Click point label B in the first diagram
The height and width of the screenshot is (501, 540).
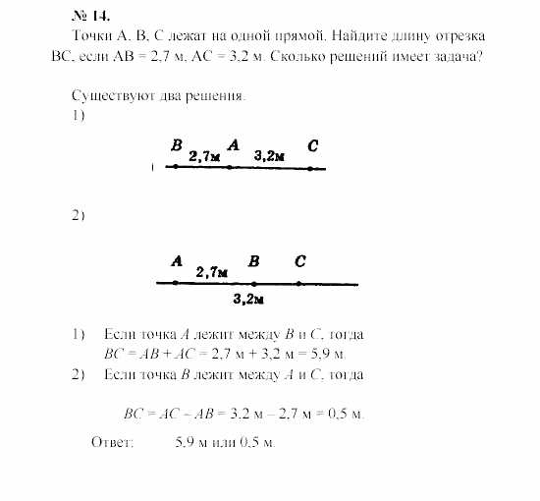[x=177, y=145]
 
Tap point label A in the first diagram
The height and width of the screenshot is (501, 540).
[x=233, y=145]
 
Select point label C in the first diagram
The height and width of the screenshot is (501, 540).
[x=311, y=146]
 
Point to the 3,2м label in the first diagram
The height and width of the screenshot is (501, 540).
[x=269, y=155]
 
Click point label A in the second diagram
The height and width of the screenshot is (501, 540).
[x=177, y=261]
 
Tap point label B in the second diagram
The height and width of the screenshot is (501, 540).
[x=253, y=261]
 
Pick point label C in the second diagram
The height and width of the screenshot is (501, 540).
[x=299, y=261]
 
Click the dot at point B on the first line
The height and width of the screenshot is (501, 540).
[x=176, y=167]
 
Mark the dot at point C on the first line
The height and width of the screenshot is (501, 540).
[x=310, y=168]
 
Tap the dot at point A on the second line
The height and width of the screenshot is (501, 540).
[x=176, y=283]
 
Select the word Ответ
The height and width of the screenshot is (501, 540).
[x=111, y=443]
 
